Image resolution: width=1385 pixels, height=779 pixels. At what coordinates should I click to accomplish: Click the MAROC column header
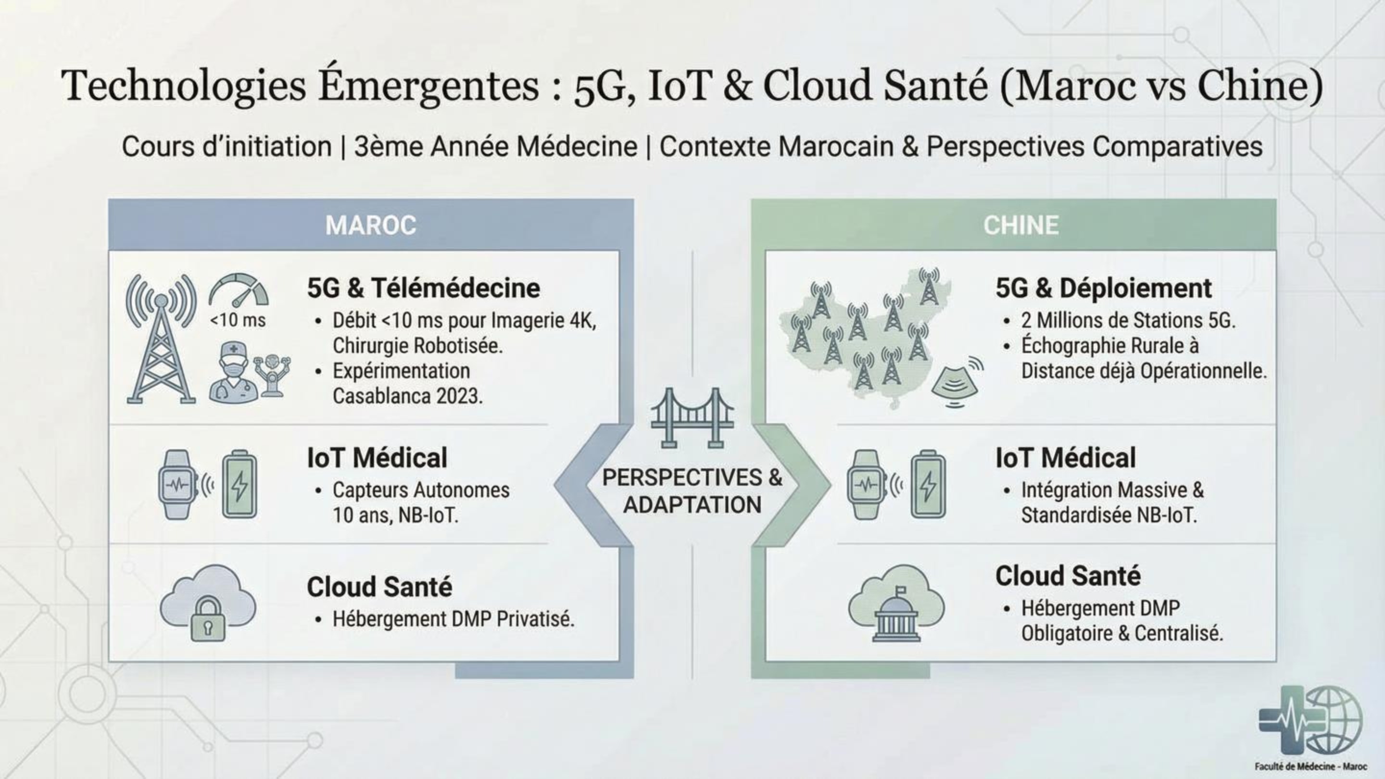coord(370,225)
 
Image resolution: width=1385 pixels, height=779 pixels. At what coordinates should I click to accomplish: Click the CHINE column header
coord(1020,225)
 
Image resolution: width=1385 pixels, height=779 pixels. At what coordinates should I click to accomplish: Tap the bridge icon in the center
coord(692,418)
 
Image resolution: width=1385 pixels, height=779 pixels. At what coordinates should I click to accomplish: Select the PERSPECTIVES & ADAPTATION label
coord(692,491)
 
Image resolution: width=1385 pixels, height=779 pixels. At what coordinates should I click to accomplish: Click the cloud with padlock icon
coord(208,602)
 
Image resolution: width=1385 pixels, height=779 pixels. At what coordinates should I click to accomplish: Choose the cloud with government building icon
coord(896,602)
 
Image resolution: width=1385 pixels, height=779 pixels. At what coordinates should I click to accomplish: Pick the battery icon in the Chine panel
coord(928,485)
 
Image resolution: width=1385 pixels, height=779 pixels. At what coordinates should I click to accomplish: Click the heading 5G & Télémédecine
coord(423,288)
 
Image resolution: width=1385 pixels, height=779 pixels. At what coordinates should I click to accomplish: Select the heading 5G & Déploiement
coord(1103,288)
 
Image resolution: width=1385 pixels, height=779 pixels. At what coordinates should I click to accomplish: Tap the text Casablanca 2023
coord(407,396)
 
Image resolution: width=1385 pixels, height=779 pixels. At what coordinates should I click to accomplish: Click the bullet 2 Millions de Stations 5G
coord(1128,320)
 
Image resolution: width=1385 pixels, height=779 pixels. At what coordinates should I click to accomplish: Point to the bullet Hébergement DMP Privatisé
coord(453,619)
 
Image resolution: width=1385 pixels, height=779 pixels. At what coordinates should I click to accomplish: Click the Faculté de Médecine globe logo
coord(1311,720)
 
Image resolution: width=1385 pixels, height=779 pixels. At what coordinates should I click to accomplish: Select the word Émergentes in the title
coord(428,86)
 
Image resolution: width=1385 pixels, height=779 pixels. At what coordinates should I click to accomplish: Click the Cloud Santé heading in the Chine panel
coord(1068,576)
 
